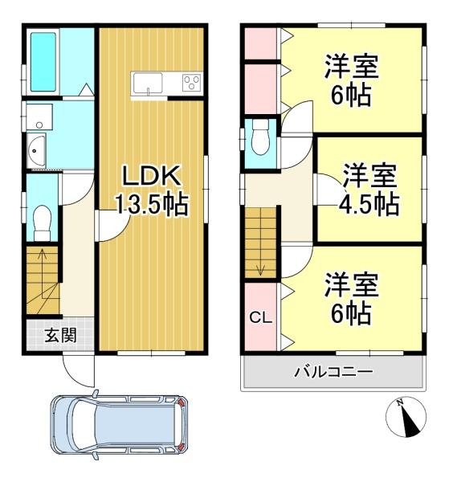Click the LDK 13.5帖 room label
pyautogui.click(x=151, y=190)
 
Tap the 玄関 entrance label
pyautogui.click(x=60, y=335)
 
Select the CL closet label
pyautogui.click(x=260, y=317)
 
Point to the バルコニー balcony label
pyautogui.click(x=333, y=372)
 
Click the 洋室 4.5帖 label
pyautogui.click(x=369, y=190)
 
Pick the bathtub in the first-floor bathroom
pyautogui.click(x=43, y=62)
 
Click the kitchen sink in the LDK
pyautogui.click(x=148, y=83)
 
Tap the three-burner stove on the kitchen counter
pyautogui.click(x=192, y=83)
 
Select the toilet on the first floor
pyautogui.click(x=42, y=223)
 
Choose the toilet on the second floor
pyautogui.click(x=260, y=137)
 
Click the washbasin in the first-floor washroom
pyautogui.click(x=36, y=151)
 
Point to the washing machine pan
pyautogui.click(x=39, y=116)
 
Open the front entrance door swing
pyautogui.click(x=79, y=371)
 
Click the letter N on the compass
pyautogui.click(x=400, y=402)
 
